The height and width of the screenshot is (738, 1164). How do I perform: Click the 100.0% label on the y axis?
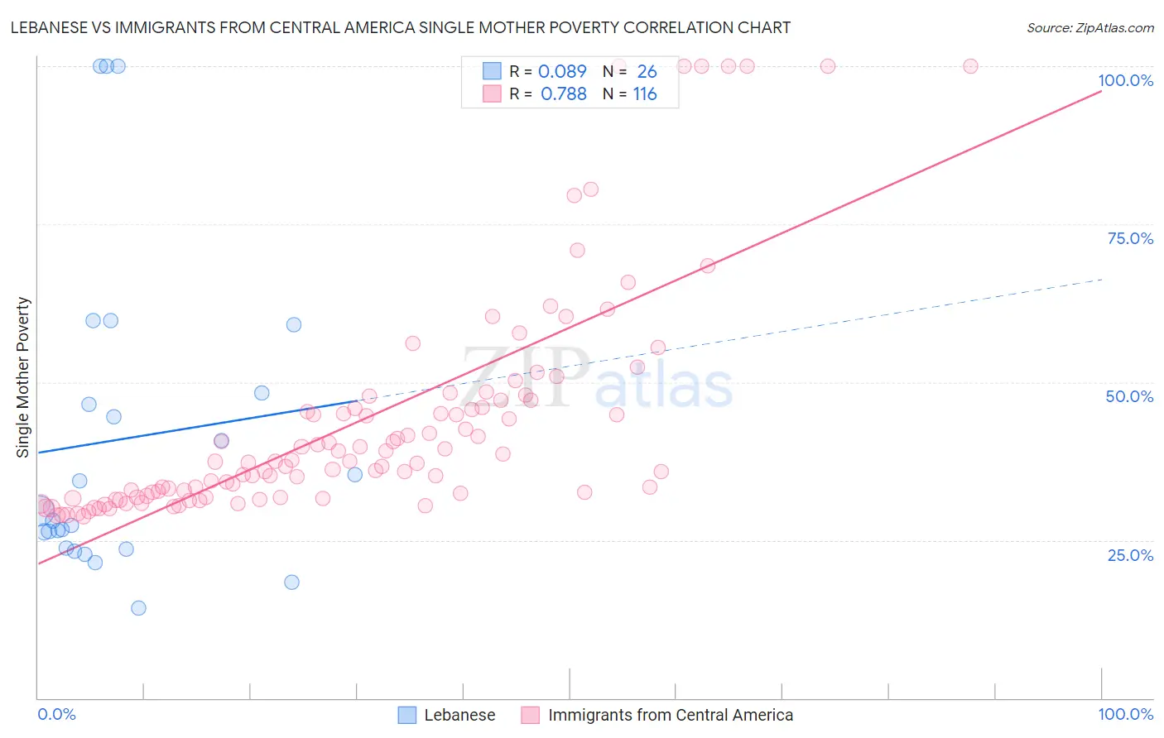1125,80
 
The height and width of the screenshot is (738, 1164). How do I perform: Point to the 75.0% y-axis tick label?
1130,238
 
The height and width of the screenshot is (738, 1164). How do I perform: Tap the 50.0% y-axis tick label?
1129,396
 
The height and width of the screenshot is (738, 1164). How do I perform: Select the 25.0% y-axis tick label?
1130,555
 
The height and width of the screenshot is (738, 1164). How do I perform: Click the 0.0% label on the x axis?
56,714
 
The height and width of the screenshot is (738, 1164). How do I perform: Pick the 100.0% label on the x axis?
1125,714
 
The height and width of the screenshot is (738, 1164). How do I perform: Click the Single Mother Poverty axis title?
23,377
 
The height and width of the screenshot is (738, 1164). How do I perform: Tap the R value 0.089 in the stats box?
562,72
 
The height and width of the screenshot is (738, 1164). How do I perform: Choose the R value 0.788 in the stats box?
563,94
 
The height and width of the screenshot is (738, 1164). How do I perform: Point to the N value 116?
645,94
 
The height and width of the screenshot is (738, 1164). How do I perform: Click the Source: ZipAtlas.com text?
1089,27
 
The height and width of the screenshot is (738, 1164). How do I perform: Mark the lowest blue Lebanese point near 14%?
138,608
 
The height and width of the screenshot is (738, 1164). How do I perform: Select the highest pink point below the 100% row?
590,189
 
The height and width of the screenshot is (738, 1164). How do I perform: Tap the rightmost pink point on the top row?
970,66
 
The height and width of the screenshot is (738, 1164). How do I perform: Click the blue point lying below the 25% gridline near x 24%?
291,582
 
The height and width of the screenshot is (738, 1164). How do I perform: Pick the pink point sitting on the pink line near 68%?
707,266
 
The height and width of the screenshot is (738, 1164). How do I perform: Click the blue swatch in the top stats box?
492,72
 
